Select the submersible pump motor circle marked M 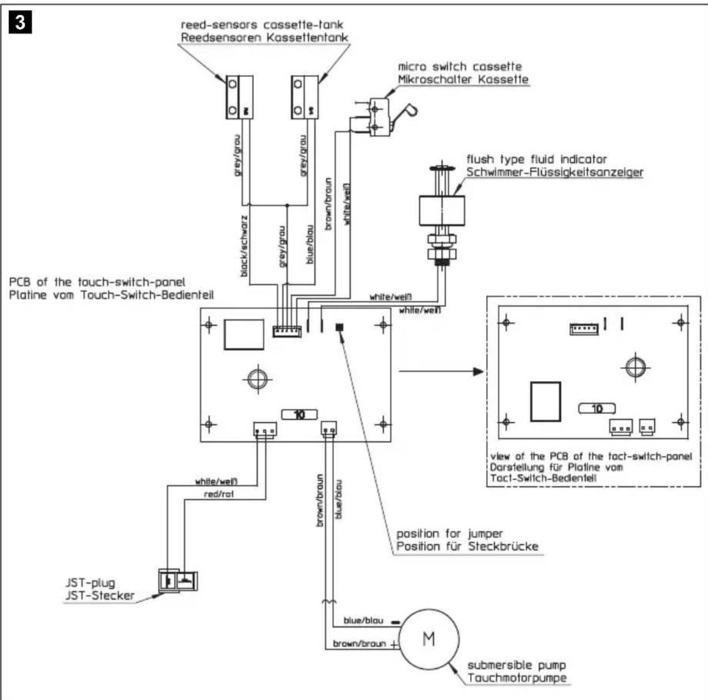(429, 639)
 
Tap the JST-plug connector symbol (178, 582)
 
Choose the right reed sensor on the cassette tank (304, 97)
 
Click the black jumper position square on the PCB (340, 327)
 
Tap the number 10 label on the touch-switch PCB (299, 414)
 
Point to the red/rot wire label (220, 494)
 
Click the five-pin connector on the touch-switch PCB (287, 330)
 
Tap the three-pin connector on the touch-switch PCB (264, 429)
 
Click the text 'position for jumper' (450, 533)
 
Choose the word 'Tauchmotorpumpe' (517, 678)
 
